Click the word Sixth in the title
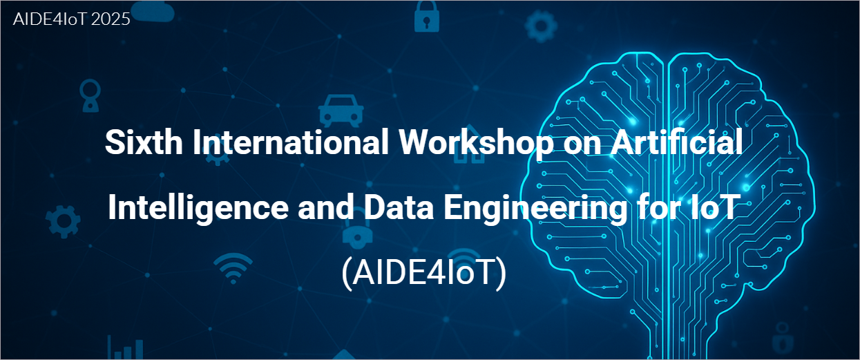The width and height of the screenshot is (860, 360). click(x=144, y=142)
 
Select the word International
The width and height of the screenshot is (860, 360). click(x=291, y=142)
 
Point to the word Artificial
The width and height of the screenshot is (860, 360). click(x=677, y=142)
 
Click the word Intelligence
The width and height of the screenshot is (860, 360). click(x=198, y=208)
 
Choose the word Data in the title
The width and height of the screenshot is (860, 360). click(x=399, y=207)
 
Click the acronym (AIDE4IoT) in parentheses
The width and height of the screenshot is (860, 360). click(x=424, y=272)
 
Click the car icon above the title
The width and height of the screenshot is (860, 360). click(x=341, y=111)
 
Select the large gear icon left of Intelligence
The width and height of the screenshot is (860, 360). click(x=63, y=221)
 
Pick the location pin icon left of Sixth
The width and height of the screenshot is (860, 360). click(x=90, y=95)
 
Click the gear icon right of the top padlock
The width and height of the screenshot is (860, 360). click(x=541, y=26)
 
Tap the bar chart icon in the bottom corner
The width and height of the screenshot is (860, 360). click(x=125, y=348)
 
